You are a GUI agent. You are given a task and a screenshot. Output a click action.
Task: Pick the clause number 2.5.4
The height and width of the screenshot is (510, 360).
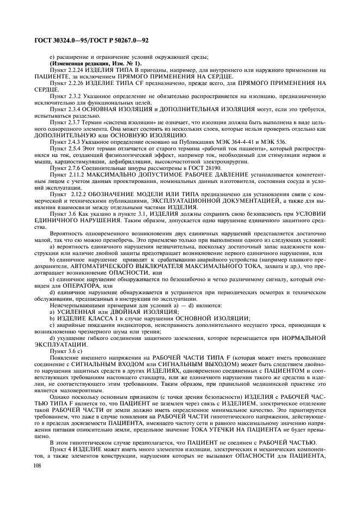74,148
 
